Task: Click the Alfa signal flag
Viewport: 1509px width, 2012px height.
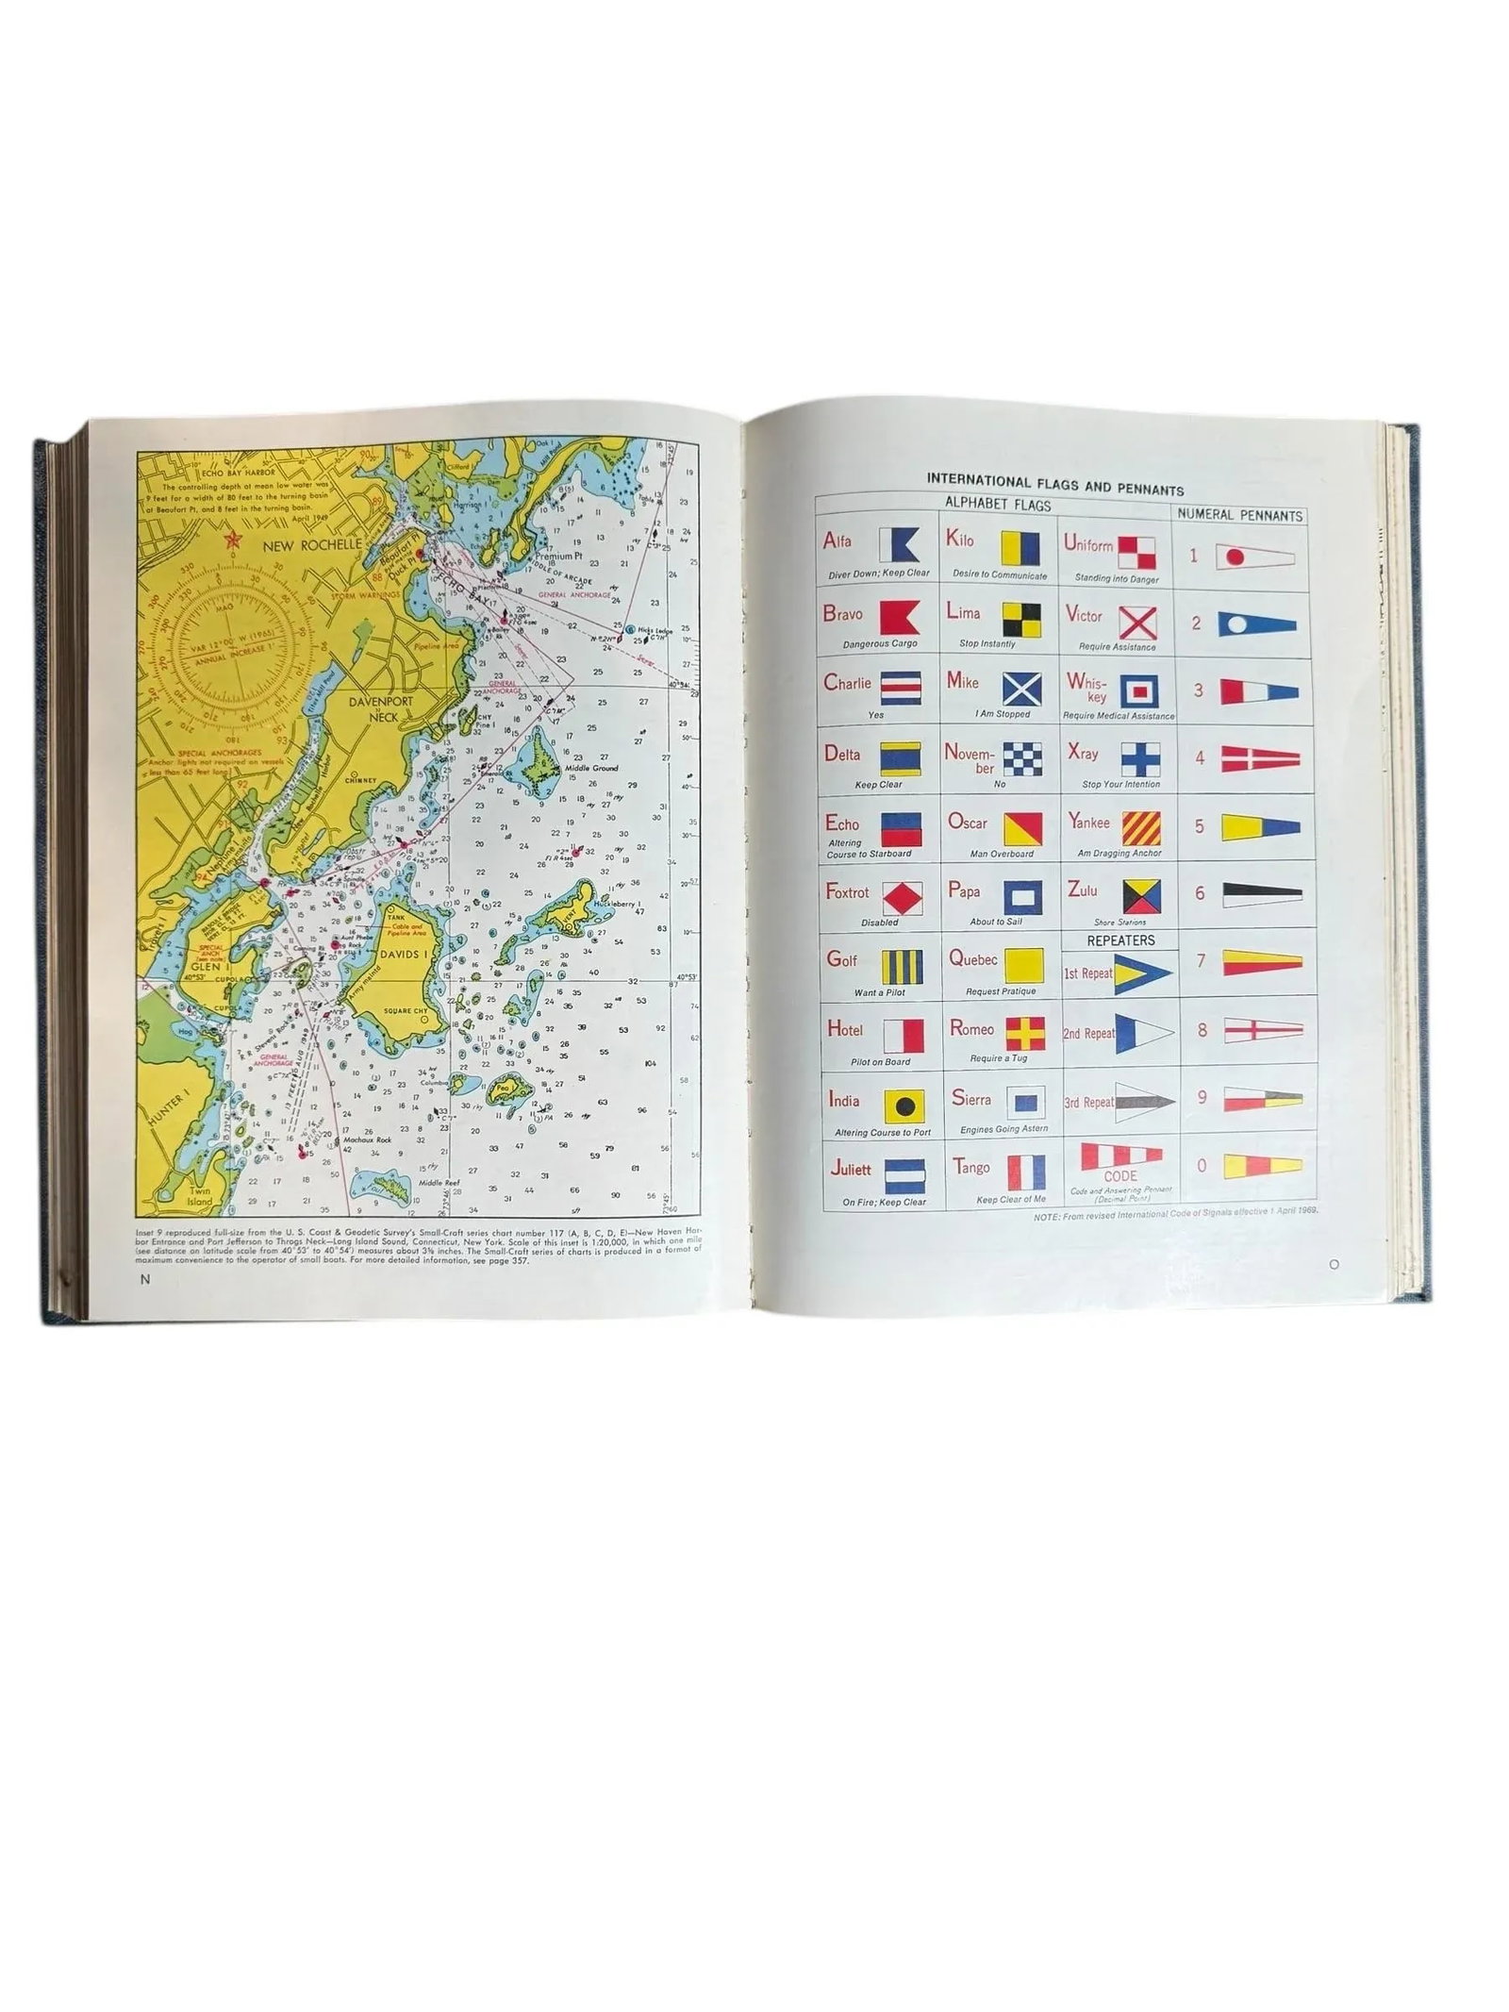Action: [x=898, y=544]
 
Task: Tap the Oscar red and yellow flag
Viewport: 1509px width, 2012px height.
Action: [x=1021, y=828]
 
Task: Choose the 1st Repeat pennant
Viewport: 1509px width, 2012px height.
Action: [x=1142, y=973]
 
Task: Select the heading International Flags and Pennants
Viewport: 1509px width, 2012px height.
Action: [x=1055, y=490]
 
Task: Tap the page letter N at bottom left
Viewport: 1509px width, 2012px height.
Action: [x=144, y=1279]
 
